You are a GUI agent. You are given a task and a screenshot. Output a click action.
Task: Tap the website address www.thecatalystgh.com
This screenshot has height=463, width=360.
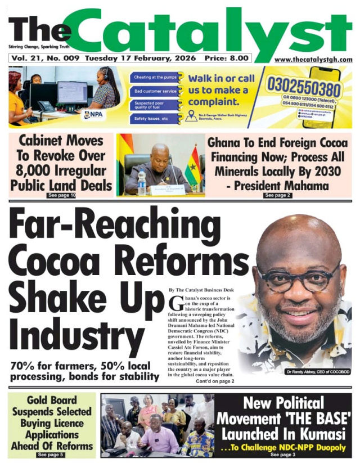[x=313, y=59]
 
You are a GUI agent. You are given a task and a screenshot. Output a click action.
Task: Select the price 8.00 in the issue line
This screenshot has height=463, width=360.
[x=239, y=58]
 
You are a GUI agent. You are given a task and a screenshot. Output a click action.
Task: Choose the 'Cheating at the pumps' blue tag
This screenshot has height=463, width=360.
[x=155, y=78]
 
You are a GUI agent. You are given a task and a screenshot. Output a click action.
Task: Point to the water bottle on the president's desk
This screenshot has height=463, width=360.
[x=141, y=182]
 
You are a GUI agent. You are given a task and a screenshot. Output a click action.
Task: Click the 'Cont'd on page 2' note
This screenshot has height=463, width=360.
[x=215, y=381]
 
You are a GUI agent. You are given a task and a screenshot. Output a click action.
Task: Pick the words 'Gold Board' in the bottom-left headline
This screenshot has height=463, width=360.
[x=51, y=402]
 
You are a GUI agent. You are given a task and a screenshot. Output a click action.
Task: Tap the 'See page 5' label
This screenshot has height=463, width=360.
[x=51, y=454]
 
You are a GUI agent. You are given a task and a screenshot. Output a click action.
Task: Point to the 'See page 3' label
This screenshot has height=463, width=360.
[x=283, y=454]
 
